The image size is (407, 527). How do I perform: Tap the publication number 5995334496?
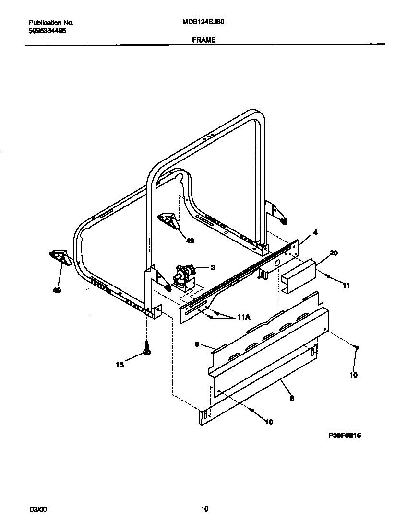pyautogui.click(x=48, y=30)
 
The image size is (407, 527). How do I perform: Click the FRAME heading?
pyautogui.click(x=204, y=41)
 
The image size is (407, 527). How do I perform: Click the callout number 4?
pyautogui.click(x=315, y=232)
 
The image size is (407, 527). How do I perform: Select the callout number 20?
pyautogui.click(x=334, y=253)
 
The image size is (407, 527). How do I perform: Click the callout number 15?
pyautogui.click(x=120, y=365)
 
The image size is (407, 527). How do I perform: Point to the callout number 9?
pyautogui.click(x=197, y=344)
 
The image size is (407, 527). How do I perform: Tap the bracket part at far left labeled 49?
pyautogui.click(x=60, y=257)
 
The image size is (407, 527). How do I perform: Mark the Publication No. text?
pyautogui.click(x=51, y=22)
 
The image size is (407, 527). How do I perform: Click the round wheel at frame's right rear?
pyautogui.click(x=284, y=221)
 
